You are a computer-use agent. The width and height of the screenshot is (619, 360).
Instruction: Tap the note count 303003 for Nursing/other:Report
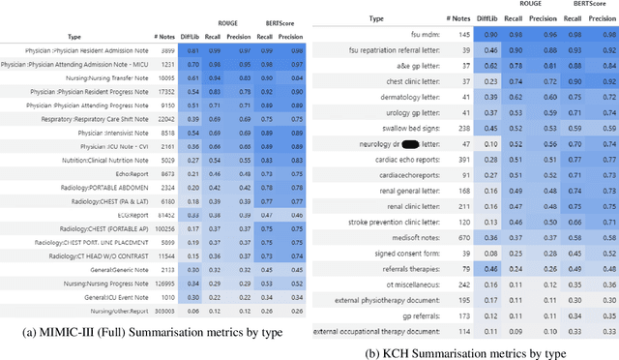[x=163, y=285]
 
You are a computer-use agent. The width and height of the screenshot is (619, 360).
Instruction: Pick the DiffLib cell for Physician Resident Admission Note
[x=193, y=48]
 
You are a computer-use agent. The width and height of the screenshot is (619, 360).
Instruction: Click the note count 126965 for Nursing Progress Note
[x=163, y=257]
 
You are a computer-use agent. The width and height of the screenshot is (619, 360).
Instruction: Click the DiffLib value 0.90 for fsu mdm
[x=492, y=34]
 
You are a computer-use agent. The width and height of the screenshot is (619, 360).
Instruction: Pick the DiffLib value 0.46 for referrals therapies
[x=492, y=269]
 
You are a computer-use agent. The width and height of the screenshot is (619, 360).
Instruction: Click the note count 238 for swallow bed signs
[x=463, y=128]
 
